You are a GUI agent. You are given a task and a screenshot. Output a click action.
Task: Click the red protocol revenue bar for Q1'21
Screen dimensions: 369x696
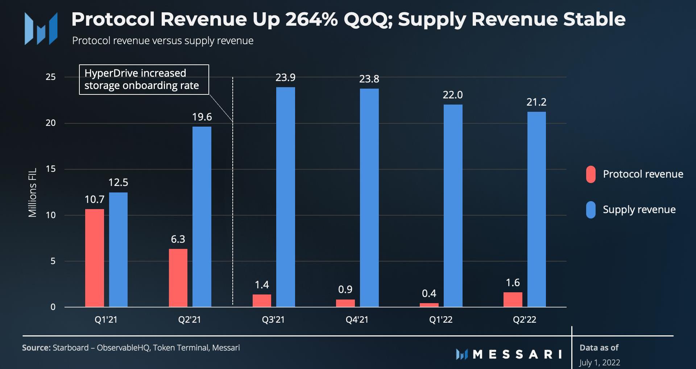[94, 258]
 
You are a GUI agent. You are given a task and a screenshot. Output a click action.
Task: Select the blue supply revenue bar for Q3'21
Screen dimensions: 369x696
[285, 197]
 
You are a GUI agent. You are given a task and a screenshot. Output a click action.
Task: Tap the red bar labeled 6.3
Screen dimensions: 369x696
[178, 278]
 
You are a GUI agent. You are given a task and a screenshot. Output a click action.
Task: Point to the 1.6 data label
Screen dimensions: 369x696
[513, 283]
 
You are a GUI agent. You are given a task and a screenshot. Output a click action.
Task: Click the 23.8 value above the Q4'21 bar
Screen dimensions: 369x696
[369, 79]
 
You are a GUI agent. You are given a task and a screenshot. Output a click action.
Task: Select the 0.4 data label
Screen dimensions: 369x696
[429, 293]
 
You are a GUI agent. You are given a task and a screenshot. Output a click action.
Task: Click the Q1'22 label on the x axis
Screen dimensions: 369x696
[441, 320]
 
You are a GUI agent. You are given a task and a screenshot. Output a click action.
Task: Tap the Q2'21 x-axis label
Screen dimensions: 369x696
[189, 320]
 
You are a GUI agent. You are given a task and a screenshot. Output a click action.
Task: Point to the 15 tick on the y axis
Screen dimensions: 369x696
[51, 169]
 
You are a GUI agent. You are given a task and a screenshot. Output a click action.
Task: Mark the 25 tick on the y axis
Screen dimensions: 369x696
[51, 77]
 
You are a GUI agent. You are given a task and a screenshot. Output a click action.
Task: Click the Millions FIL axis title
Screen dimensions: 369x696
[33, 192]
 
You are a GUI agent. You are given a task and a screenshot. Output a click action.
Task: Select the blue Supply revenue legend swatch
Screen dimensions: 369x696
[591, 210]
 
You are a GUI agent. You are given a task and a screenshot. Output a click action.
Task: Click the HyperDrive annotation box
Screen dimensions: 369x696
[144, 80]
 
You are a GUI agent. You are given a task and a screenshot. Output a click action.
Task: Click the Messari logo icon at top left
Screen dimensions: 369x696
[41, 29]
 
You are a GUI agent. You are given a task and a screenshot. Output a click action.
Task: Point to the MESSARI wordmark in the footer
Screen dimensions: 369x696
[517, 354]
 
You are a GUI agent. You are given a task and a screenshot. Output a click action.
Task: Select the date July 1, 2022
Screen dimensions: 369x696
[599, 362]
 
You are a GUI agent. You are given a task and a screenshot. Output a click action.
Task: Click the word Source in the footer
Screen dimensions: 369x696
[36, 348]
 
